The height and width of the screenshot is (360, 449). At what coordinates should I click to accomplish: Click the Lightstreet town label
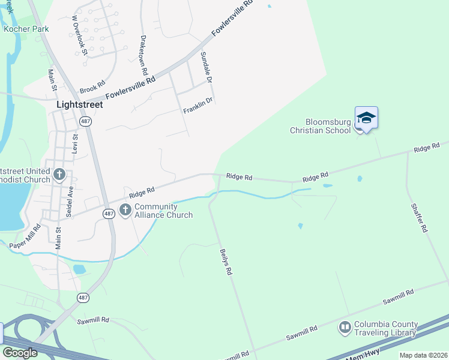point(79,104)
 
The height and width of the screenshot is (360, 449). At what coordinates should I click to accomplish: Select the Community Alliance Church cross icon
point(125,210)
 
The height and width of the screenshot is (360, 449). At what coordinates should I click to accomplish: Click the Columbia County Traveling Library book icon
point(345,328)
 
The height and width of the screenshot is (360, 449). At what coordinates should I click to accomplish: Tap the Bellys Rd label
point(226,262)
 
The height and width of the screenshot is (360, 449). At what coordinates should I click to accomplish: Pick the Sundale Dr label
point(206,67)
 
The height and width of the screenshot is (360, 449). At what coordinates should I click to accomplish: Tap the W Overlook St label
point(80,36)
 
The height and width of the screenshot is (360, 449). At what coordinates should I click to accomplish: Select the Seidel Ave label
point(70,202)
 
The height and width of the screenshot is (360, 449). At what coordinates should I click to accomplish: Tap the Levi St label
point(76,144)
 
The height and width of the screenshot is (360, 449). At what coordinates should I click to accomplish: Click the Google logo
point(20,352)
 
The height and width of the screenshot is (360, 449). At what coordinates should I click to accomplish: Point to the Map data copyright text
point(423,355)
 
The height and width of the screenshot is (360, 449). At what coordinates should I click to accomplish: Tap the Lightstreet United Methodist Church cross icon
point(59,175)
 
